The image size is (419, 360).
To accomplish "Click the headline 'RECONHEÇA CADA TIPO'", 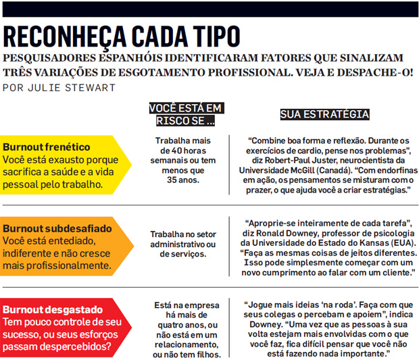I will pyautogui.click(x=122, y=35).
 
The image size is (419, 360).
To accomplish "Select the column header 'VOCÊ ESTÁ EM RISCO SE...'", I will pyautogui.click(x=184, y=114).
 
